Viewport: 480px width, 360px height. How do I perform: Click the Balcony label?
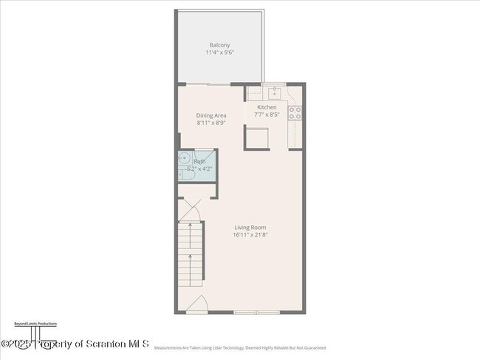click(219, 45)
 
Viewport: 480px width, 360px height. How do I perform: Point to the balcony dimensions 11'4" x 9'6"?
click(219, 52)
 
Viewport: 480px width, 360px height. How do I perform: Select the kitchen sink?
click(274, 93)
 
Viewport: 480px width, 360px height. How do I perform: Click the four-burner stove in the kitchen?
click(295, 113)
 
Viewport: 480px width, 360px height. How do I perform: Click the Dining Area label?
click(211, 115)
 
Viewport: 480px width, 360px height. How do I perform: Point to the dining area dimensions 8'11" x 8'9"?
click(211, 123)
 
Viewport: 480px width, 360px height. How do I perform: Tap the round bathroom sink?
click(183, 160)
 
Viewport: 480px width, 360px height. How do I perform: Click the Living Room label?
click(250, 227)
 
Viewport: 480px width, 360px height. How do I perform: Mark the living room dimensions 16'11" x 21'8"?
click(250, 234)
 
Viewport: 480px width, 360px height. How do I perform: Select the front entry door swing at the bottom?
click(196, 305)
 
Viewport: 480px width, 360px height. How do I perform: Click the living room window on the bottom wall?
click(256, 313)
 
